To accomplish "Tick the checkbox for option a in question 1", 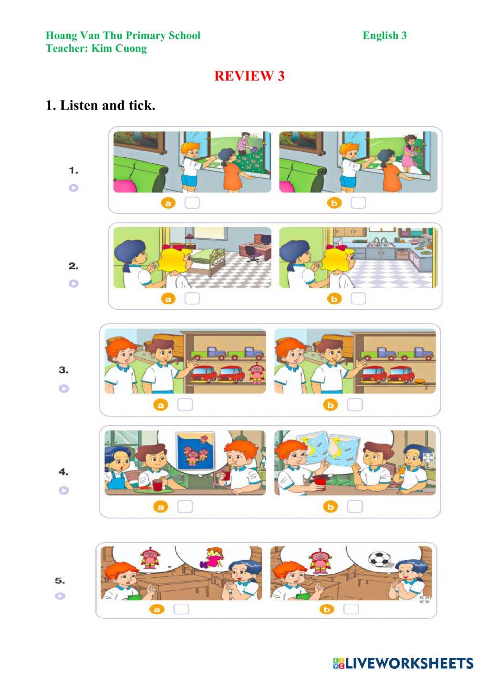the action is tap(192, 203).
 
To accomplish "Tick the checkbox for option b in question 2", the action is tap(358, 299).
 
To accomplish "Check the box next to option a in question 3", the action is tap(185, 405).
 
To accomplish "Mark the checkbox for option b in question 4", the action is tap(355, 507).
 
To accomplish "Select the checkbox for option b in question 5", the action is tap(351, 609).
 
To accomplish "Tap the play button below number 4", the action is tap(64, 491).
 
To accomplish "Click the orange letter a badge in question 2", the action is tap(168, 299).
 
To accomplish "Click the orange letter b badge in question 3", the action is tap(331, 405).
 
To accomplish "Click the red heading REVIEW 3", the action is tap(249, 76).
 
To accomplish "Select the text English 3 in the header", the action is tap(384, 35).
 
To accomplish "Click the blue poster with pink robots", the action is tap(196, 451).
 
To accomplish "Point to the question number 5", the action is tap(60, 581).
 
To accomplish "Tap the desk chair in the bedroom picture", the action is tap(252, 253).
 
